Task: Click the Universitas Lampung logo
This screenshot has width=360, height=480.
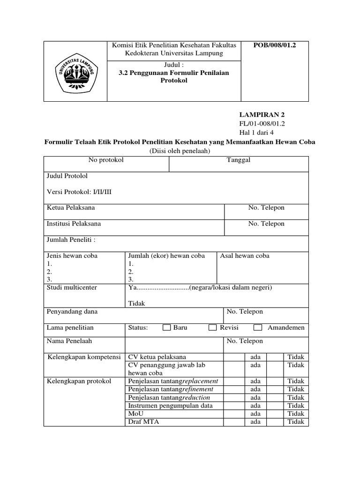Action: [75, 71]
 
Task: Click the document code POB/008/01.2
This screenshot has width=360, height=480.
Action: [275, 45]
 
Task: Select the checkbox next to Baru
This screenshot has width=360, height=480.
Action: [166, 328]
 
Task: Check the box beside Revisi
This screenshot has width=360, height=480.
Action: [212, 328]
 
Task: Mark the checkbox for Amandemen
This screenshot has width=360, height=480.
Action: [258, 328]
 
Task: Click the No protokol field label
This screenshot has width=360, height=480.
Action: [106, 160]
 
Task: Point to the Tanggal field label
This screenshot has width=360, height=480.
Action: [239, 160]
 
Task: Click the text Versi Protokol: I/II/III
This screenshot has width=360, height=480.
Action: [79, 192]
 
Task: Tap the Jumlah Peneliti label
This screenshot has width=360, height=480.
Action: [71, 240]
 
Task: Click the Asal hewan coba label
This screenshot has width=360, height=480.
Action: [245, 256]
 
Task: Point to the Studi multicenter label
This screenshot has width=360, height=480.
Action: [72, 287]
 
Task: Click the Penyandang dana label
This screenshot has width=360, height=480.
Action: [72, 312]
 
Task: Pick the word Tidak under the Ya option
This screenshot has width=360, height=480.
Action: [136, 303]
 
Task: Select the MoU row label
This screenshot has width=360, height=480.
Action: [133, 413]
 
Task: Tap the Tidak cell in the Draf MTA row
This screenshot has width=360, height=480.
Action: [296, 421]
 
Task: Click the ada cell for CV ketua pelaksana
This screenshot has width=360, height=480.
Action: [255, 357]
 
